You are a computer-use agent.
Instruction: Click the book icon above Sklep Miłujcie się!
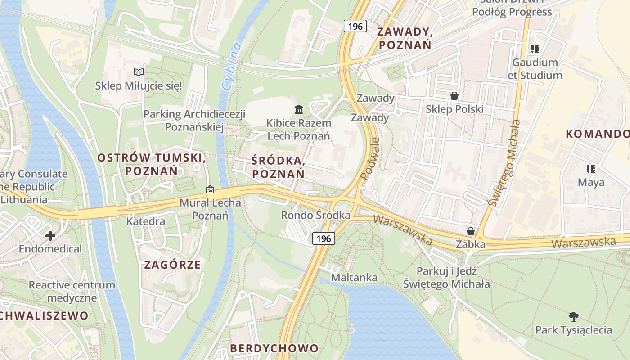pyautogui.click(x=139, y=72)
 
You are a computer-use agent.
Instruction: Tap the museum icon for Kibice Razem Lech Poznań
pyautogui.click(x=298, y=109)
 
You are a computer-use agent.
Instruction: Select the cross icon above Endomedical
pyautogui.click(x=50, y=235)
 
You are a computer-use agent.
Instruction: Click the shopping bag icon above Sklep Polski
pyautogui.click(x=454, y=96)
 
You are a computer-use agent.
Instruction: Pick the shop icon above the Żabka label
pyautogui.click(x=471, y=231)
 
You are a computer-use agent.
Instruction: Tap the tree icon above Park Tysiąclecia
pyautogui.click(x=573, y=316)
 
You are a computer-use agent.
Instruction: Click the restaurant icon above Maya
pyautogui.click(x=591, y=169)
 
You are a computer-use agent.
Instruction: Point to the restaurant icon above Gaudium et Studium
pyautogui.click(x=535, y=49)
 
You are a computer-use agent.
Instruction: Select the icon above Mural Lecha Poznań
pyautogui.click(x=210, y=189)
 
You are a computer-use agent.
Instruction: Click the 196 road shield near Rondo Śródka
pyautogui.click(x=324, y=238)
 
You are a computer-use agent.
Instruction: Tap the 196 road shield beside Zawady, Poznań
pyautogui.click(x=355, y=26)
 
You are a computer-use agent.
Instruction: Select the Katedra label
pyautogui.click(x=145, y=221)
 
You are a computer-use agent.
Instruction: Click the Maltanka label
pyautogui.click(x=354, y=278)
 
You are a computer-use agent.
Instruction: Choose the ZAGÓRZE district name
pyautogui.click(x=172, y=265)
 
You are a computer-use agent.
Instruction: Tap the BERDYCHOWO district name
pyautogui.click(x=274, y=348)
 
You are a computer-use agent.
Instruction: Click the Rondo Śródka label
pyautogui.click(x=315, y=216)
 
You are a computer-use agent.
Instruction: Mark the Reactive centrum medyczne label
pyautogui.click(x=72, y=291)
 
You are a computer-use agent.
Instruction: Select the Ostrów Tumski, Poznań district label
pyautogui.click(x=152, y=164)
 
